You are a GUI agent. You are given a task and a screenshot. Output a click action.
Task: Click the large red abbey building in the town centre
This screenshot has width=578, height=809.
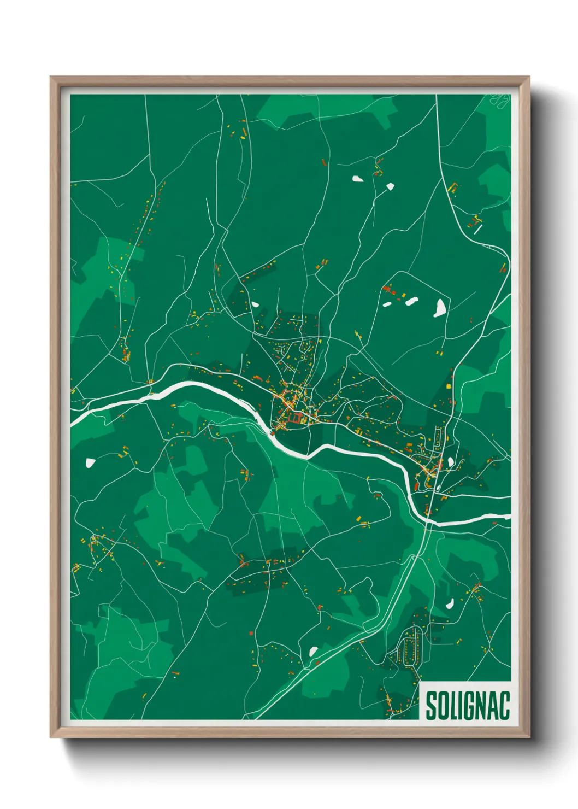pyautogui.click(x=296, y=419)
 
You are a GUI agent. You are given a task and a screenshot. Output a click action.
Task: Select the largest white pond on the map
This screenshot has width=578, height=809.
pyautogui.click(x=440, y=308)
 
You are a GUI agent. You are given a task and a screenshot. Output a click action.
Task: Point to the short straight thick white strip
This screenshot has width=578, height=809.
pyautogui.click(x=478, y=229)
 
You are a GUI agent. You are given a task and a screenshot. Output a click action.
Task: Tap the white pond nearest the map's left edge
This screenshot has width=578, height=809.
pyautogui.click(x=90, y=463)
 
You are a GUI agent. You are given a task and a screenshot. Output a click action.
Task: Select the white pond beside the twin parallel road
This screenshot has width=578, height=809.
pyautogui.click(x=313, y=652)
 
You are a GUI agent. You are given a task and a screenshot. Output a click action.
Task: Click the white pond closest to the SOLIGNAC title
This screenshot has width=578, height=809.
pyautogui.click(x=450, y=603)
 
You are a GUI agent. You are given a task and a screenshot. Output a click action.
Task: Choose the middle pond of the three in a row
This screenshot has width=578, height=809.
pyautogui.click(x=411, y=300)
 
